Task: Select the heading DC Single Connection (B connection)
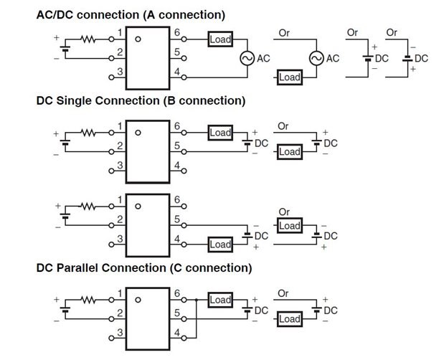141,100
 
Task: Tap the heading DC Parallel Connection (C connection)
144,268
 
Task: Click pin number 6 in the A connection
176,33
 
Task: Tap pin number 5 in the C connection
176,313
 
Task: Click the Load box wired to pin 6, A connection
220,39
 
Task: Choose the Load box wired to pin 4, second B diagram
220,245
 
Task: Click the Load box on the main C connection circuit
220,300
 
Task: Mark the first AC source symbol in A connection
246,58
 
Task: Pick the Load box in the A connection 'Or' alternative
289,77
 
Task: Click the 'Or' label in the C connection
283,293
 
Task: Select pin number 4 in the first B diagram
176,165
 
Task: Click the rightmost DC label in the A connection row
421,58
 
